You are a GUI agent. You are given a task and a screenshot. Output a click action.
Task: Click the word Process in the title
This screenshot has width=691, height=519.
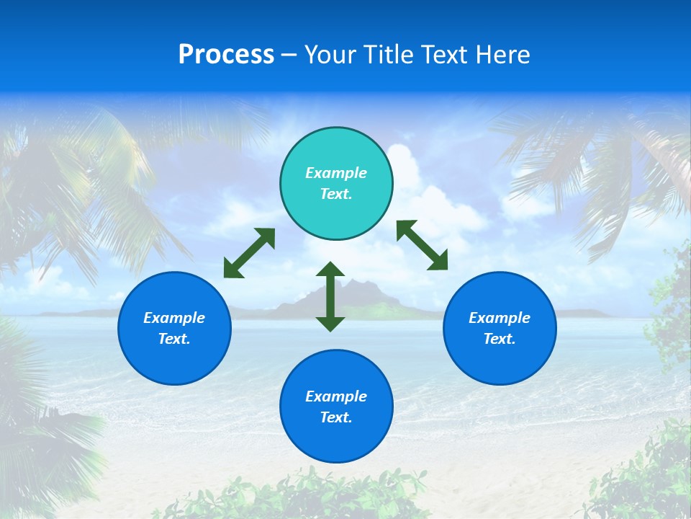click(226, 55)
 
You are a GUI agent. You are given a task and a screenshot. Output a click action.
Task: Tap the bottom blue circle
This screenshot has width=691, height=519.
click(336, 432)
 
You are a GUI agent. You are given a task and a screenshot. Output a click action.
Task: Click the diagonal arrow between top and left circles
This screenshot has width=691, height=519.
click(249, 253)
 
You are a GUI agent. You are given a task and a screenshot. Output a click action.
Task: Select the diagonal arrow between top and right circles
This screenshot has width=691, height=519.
click(423, 245)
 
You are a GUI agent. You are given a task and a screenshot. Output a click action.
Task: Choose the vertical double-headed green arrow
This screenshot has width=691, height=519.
click(330, 296)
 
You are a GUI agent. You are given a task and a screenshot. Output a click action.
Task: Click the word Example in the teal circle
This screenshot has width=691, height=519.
click(336, 173)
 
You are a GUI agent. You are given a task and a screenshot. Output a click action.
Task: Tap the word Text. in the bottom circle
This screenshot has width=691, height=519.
click(336, 417)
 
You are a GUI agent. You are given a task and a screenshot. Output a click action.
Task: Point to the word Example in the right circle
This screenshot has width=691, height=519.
click(500, 318)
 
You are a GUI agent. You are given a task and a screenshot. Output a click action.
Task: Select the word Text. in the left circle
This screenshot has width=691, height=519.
click(174, 339)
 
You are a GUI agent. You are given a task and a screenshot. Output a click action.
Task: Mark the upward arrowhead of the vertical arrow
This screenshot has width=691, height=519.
click(330, 270)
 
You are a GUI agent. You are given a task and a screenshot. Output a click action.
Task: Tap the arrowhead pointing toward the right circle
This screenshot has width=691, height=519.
click(438, 261)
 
